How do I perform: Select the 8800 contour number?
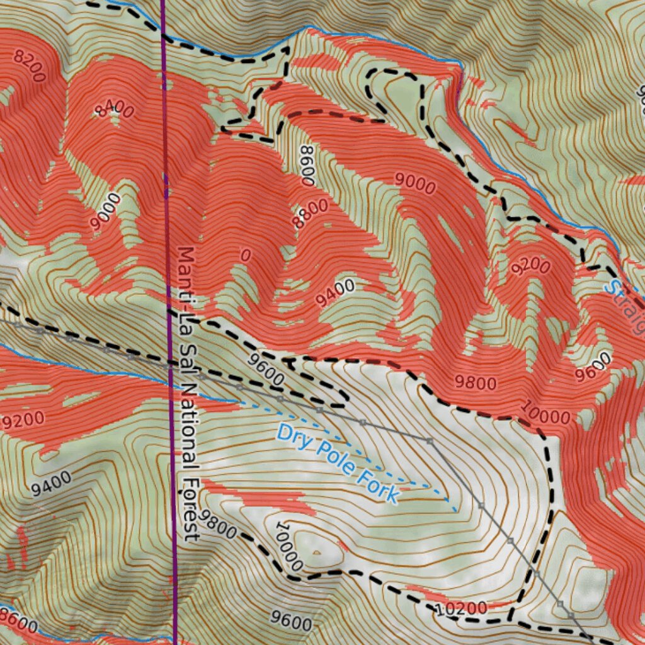click(311, 214)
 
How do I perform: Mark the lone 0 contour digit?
click(246, 255)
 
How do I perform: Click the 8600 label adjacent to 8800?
click(307, 166)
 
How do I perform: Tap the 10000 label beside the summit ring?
click(289, 545)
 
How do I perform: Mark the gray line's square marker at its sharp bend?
click(430, 441)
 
